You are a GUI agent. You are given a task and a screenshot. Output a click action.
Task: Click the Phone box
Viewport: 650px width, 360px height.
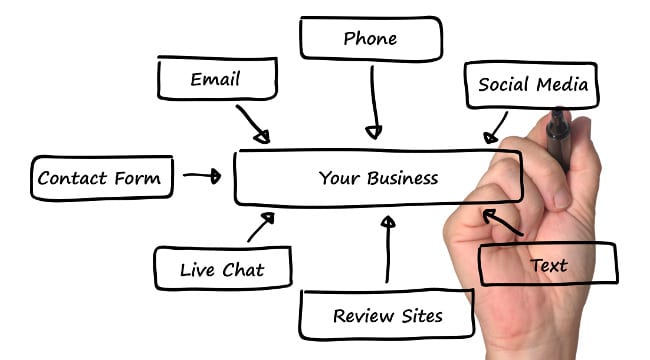point(370,40)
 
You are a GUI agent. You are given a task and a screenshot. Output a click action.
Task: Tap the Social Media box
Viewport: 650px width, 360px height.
point(531,84)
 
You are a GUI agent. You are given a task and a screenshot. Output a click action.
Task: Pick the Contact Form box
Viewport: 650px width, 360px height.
point(99,179)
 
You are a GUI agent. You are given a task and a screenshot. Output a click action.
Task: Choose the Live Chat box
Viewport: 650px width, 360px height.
point(222,269)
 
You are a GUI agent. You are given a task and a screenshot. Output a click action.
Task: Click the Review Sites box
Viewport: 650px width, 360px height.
point(386,316)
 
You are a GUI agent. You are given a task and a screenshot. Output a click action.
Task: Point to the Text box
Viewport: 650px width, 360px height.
point(548,265)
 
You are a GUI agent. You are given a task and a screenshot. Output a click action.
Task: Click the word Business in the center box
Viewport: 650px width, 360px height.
point(403,179)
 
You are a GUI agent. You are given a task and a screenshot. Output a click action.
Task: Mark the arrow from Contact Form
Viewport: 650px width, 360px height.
point(202,176)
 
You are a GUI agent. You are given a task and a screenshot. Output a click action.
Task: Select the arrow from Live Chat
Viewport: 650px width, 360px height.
point(259,227)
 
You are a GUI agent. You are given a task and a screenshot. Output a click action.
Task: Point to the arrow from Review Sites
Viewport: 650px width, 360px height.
point(387,250)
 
